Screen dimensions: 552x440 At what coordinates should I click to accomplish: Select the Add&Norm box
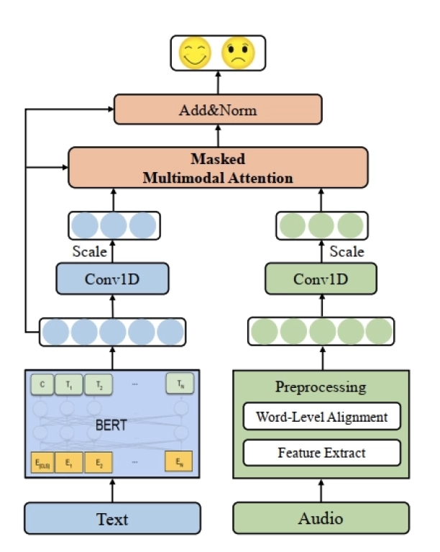point(218,110)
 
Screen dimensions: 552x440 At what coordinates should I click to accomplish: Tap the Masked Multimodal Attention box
point(218,168)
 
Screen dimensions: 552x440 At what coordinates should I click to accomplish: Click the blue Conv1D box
point(113,279)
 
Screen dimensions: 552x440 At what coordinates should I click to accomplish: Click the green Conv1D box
point(321,279)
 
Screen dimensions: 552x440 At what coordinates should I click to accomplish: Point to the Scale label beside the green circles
point(347,252)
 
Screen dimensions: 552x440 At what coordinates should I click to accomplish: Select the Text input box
point(113,518)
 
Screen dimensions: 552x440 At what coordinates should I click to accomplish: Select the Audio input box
point(321,518)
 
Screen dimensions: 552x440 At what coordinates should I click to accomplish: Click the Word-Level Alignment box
point(321,417)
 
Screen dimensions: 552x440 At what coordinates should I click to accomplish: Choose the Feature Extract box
point(321,453)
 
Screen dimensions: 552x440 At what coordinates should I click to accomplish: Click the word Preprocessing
point(321,387)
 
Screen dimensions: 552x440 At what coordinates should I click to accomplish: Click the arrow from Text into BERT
point(113,492)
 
